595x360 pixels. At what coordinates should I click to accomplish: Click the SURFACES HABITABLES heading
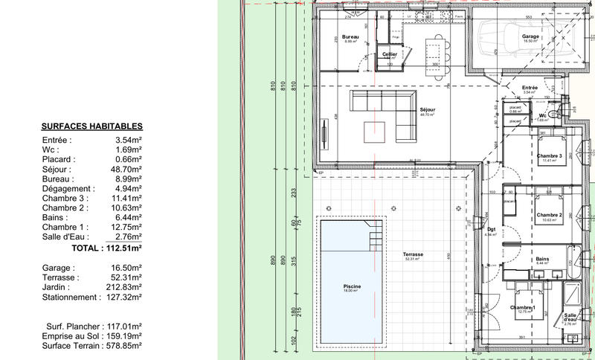pos(92,127)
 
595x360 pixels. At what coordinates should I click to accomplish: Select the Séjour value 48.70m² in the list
pos(129,170)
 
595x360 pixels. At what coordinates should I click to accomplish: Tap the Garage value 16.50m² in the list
pos(129,266)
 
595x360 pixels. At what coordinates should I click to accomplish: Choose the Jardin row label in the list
pos(57,286)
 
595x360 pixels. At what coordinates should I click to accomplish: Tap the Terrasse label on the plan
pos(414,254)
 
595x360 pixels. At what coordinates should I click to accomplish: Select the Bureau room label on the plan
pos(350,37)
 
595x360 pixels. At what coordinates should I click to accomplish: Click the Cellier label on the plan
pos(390,54)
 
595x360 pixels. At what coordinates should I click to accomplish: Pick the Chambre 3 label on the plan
pos(549,155)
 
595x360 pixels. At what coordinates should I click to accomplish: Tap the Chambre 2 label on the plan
pos(549,216)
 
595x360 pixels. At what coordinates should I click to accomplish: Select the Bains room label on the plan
pos(542,259)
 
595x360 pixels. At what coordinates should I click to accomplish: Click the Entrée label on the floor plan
pos(530,88)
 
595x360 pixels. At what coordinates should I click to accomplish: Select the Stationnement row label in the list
pos(70,297)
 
